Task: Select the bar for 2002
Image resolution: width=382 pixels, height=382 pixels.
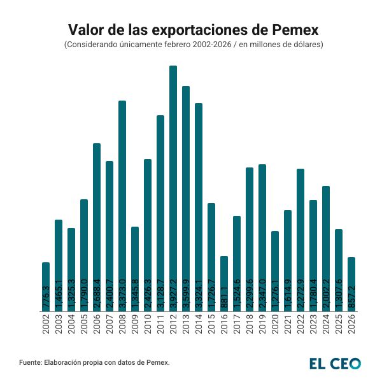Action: (x=46, y=286)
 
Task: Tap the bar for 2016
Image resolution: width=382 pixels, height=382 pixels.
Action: (x=224, y=283)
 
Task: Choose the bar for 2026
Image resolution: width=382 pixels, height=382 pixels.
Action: (x=351, y=284)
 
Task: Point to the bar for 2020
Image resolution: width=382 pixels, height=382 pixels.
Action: (x=275, y=271)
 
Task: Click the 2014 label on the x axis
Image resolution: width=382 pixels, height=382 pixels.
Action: (x=199, y=324)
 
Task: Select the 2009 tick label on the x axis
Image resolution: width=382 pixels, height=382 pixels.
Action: (x=135, y=324)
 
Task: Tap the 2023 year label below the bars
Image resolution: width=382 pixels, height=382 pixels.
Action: (x=313, y=324)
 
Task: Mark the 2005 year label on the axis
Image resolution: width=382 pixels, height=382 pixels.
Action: (x=84, y=324)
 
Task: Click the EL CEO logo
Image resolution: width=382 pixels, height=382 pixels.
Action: (x=335, y=363)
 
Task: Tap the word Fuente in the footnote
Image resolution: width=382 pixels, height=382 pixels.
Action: (x=31, y=362)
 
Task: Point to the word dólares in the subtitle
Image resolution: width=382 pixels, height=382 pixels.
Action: (x=308, y=45)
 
